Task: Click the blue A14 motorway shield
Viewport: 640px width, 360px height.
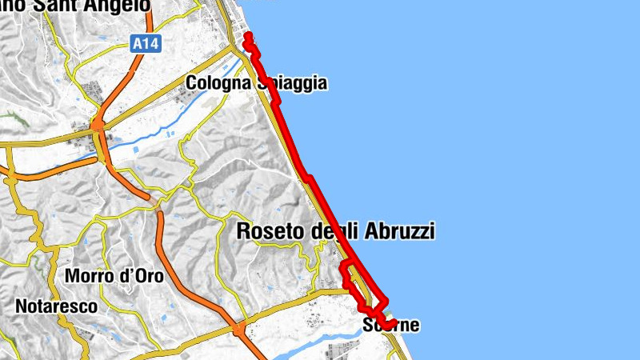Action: point(146,46)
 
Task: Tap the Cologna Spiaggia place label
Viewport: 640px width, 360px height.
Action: point(256,83)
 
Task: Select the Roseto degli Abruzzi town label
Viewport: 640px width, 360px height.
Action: point(336,231)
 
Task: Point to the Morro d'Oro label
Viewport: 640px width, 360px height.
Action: point(114,276)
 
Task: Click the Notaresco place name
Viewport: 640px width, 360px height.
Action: point(56,306)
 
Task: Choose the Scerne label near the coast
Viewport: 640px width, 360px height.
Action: point(390,326)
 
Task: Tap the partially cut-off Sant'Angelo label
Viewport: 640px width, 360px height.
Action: point(76,6)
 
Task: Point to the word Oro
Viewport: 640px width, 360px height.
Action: point(148,276)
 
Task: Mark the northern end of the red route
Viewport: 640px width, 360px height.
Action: point(248,36)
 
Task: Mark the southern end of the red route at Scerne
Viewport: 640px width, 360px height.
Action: point(394,322)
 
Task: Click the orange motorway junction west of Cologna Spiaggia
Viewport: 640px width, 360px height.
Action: point(98,124)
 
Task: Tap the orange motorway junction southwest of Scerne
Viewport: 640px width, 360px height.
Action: point(238,328)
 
